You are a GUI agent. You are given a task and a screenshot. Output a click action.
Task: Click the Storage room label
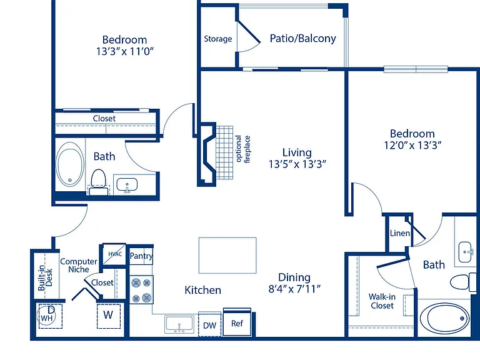pyautogui.click(x=218, y=39)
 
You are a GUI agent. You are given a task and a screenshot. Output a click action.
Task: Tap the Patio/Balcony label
pyautogui.click(x=302, y=39)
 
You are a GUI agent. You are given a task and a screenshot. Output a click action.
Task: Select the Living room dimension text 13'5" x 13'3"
pyautogui.click(x=297, y=164)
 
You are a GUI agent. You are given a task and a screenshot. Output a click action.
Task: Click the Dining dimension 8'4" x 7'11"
pyautogui.click(x=294, y=289)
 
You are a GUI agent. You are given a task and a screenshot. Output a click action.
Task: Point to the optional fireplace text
pyautogui.click(x=243, y=149)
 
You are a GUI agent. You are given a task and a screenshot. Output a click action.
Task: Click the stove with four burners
pyautogui.click(x=141, y=289)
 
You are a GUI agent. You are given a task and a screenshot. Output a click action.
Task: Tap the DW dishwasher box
pyautogui.click(x=210, y=325)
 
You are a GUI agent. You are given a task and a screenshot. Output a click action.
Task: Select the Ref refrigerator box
pyautogui.click(x=237, y=322)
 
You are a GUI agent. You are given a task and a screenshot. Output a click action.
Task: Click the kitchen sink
pyautogui.click(x=179, y=324)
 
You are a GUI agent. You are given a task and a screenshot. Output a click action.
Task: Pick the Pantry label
pyautogui.click(x=141, y=256)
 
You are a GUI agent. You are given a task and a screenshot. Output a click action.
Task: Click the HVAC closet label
pyautogui.click(x=115, y=254)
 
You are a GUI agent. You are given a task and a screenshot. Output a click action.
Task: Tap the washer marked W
pyautogui.click(x=108, y=316)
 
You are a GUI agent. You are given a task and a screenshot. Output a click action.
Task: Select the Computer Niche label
pyautogui.click(x=79, y=266)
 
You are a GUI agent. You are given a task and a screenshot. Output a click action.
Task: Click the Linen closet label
pyautogui.click(x=400, y=233)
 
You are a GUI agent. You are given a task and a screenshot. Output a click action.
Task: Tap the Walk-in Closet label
pyautogui.click(x=382, y=301)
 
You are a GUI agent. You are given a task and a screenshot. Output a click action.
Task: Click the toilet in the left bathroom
pyautogui.click(x=98, y=182)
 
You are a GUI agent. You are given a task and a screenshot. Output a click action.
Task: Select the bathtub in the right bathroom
pyautogui.click(x=444, y=318)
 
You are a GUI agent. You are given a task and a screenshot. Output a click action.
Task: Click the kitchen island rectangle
pyautogui.click(x=227, y=255)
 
